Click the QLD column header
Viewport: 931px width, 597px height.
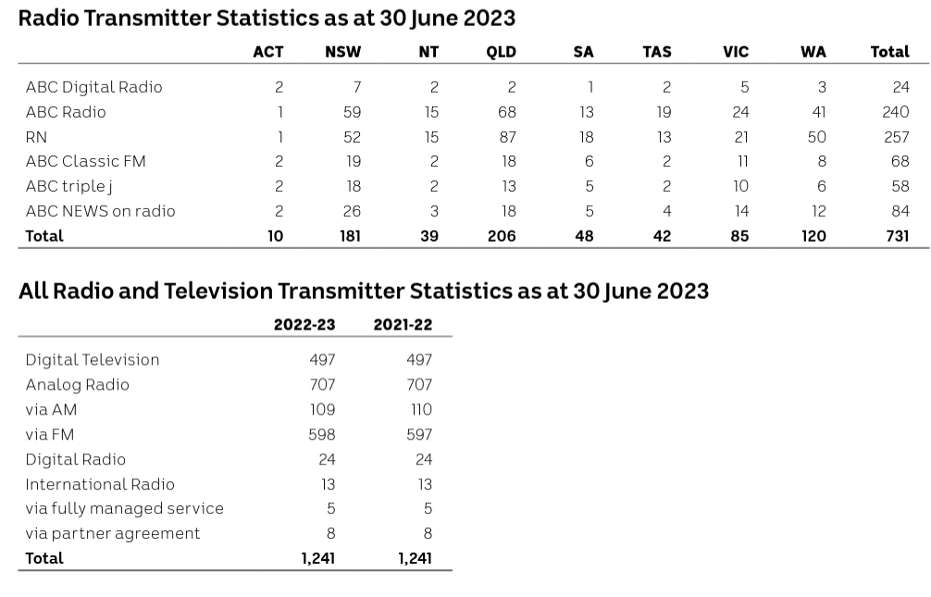pyautogui.click(x=501, y=52)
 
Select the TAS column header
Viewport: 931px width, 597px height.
pyautogui.click(x=656, y=52)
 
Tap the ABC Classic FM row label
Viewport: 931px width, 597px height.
pyautogui.click(x=85, y=161)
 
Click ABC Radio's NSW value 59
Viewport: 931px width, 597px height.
pyautogui.click(x=352, y=112)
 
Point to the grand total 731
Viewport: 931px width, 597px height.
pyautogui.click(x=894, y=236)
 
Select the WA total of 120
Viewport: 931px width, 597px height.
pyautogui.click(x=813, y=236)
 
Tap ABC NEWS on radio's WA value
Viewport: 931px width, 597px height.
pyautogui.click(x=818, y=211)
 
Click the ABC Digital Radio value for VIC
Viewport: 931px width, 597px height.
pyautogui.click(x=744, y=87)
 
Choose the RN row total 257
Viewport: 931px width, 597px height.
pyautogui.click(x=896, y=137)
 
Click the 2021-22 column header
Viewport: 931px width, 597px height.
pyautogui.click(x=403, y=325)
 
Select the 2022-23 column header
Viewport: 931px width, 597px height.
pyautogui.click(x=304, y=325)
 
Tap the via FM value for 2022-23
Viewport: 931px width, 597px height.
pyautogui.click(x=322, y=434)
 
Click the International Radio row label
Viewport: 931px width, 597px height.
pyautogui.click(x=100, y=484)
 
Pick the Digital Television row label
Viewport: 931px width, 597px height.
pyautogui.click(x=93, y=360)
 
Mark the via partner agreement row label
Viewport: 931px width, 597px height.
pyautogui.click(x=113, y=534)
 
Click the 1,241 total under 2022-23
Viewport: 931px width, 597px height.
pyautogui.click(x=318, y=558)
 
